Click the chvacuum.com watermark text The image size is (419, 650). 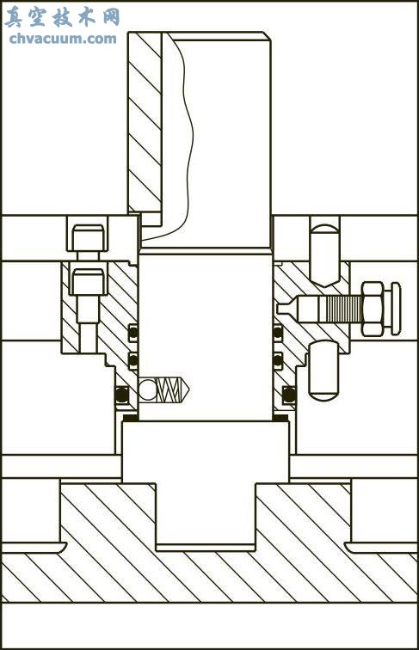(x=63, y=39)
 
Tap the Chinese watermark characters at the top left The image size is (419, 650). (x=62, y=17)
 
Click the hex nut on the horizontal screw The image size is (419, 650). (x=373, y=309)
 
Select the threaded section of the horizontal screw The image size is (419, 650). (x=344, y=309)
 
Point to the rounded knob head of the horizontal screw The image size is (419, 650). (x=396, y=309)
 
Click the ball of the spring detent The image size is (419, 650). (x=148, y=389)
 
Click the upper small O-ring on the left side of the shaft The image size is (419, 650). (x=132, y=332)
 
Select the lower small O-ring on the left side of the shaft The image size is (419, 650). (x=132, y=359)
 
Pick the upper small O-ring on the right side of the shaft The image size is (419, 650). (x=278, y=332)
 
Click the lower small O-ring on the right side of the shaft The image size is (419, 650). (x=278, y=359)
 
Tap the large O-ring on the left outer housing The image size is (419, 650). (x=121, y=395)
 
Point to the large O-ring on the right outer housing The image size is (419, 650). (x=289, y=395)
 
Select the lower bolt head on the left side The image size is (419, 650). (x=88, y=282)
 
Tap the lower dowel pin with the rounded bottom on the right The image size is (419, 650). (x=323, y=371)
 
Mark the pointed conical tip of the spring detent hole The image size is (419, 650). (x=188, y=389)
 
